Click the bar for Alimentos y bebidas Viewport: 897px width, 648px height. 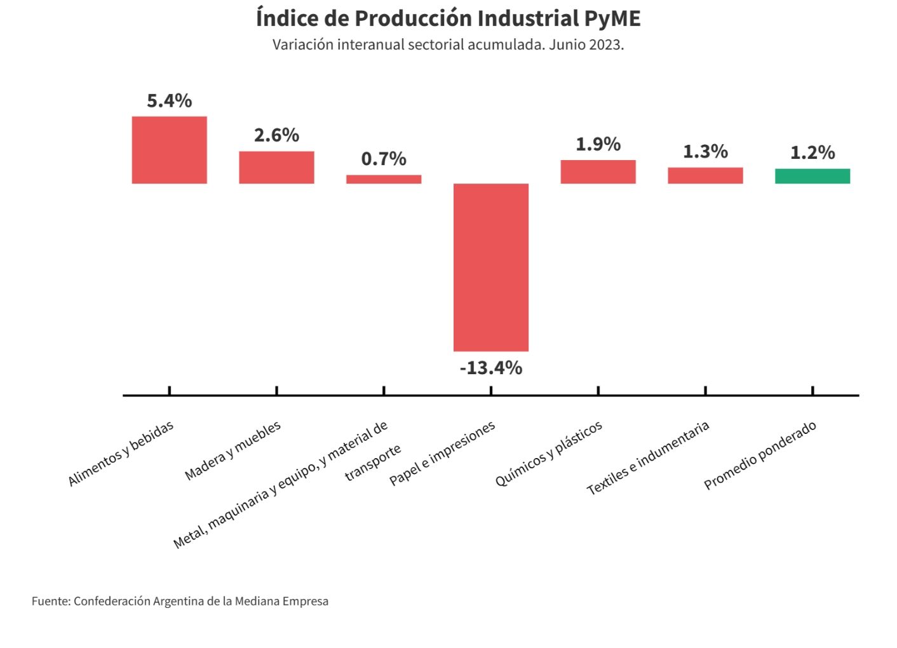(169, 150)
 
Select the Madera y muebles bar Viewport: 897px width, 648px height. (276, 167)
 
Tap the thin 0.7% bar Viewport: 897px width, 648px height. (384, 179)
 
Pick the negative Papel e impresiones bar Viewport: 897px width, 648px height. (491, 267)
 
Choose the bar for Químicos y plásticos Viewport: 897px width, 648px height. (598, 172)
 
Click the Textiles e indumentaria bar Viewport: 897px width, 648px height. (705, 175)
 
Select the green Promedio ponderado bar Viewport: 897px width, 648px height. (813, 176)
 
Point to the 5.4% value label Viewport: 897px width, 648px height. (169, 100)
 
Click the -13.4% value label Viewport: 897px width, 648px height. (491, 368)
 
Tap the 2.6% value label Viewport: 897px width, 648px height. (276, 135)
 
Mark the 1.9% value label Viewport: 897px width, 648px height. (598, 144)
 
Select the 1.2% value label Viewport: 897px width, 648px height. (813, 152)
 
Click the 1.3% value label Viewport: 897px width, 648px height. (705, 151)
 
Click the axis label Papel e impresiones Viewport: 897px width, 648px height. (442, 454)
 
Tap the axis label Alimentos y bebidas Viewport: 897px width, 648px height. (121, 454)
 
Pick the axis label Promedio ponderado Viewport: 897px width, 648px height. (760, 456)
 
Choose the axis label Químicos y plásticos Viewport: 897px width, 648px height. (549, 454)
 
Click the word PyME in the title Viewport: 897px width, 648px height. (612, 18)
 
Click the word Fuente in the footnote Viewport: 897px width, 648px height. (50, 601)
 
